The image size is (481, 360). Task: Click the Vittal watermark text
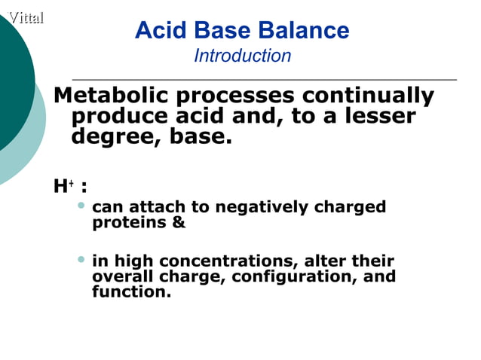click(25, 17)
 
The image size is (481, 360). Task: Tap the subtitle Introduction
click(242, 56)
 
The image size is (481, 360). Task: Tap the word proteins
click(129, 224)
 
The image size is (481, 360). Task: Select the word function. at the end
click(131, 291)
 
